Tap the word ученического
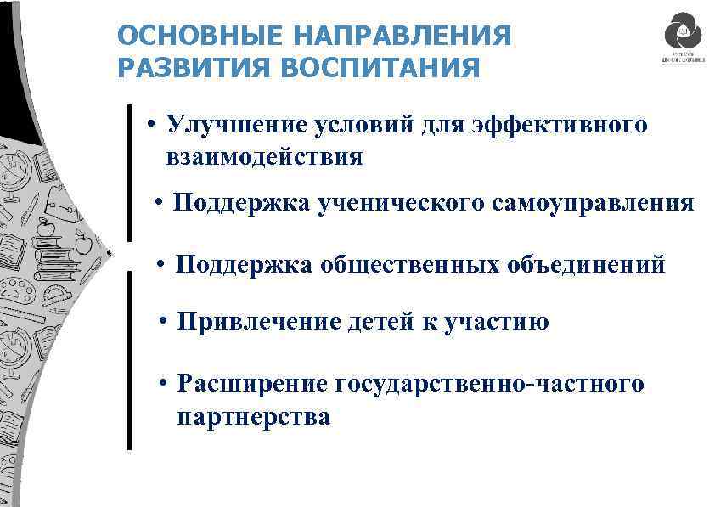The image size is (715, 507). coord(392,203)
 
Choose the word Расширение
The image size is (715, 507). coord(251,384)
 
